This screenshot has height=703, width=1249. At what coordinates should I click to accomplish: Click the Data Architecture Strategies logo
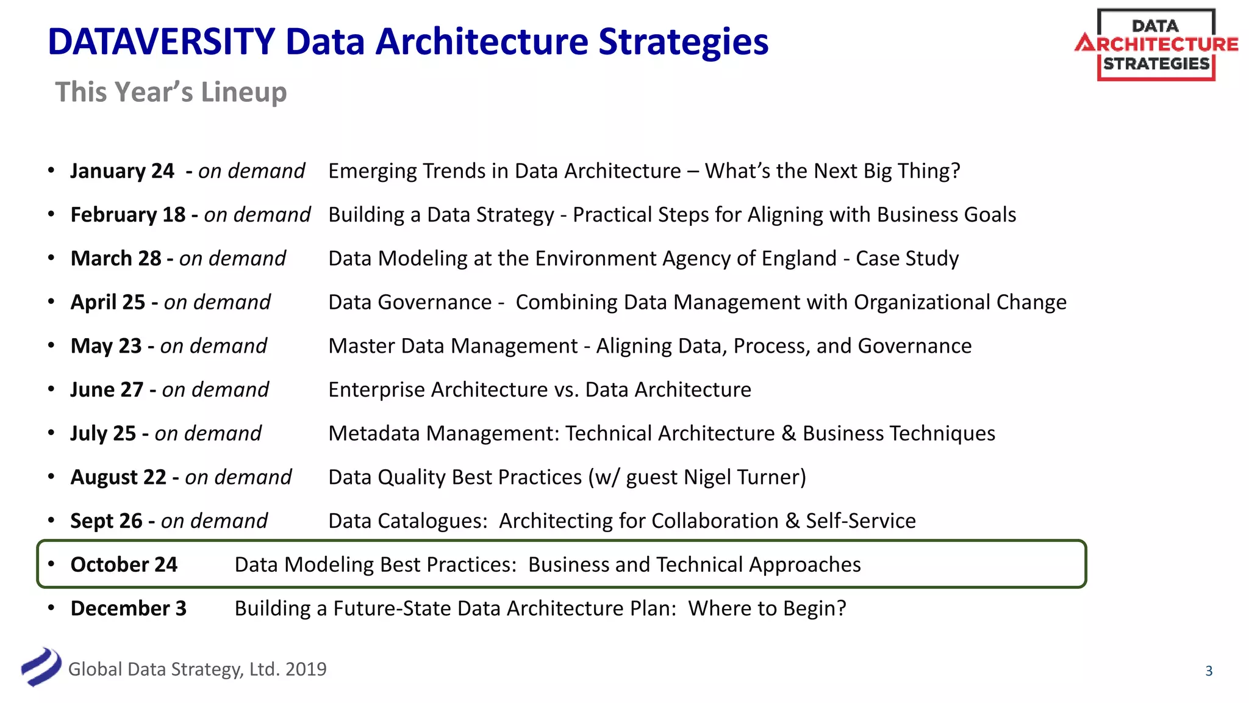pos(1156,45)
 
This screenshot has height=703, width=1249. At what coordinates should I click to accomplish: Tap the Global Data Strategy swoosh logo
pos(41,667)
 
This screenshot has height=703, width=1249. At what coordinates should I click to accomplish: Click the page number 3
pos(1209,671)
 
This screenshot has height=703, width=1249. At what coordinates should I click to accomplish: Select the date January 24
pos(123,171)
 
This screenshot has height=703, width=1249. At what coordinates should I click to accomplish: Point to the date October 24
pos(124,564)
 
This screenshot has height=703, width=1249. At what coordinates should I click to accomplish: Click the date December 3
pos(129,608)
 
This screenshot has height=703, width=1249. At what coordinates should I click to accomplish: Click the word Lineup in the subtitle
pos(244,92)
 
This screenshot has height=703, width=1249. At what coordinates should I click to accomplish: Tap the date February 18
pos(128,215)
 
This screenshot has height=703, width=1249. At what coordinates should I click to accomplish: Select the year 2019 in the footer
pos(306,669)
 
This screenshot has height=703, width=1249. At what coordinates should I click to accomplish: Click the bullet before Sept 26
pos(52,521)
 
